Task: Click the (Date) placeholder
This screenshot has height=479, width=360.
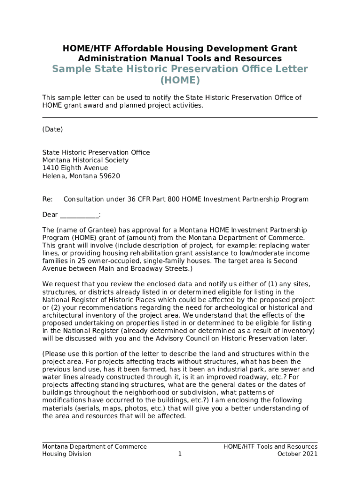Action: tap(52, 129)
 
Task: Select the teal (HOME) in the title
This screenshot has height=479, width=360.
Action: tap(180, 80)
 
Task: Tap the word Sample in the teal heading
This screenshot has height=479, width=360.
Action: tap(70, 69)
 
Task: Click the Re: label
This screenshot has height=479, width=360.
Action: tap(47, 199)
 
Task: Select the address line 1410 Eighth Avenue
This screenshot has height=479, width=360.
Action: tap(75, 168)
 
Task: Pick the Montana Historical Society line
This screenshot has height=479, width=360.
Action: tap(85, 160)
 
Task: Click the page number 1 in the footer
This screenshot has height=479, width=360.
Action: tap(180, 454)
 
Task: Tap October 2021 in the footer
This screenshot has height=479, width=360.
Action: tap(297, 454)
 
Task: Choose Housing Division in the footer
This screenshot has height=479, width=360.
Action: tap(67, 454)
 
